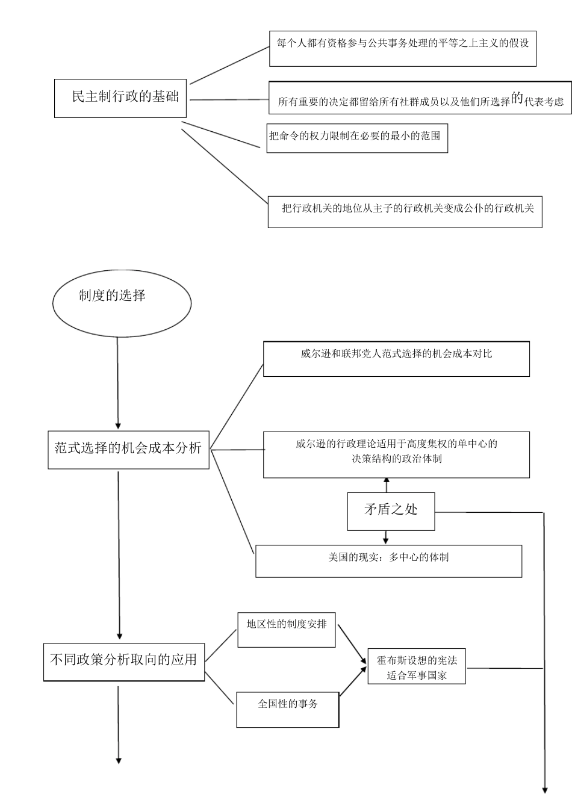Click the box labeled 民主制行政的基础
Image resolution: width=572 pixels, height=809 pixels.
click(x=120, y=98)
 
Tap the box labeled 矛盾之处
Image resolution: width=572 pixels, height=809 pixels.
click(x=391, y=511)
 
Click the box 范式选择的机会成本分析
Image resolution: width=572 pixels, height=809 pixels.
click(x=128, y=449)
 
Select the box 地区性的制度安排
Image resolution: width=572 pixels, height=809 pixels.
click(x=286, y=630)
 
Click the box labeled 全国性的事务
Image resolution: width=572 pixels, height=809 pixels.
click(x=287, y=710)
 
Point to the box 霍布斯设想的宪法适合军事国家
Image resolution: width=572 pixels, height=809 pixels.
click(x=417, y=666)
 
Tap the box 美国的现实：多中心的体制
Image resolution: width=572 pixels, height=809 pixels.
click(x=388, y=560)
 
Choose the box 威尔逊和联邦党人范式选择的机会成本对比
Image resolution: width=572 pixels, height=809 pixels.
click(x=396, y=359)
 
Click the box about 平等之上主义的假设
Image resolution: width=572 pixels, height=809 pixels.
click(x=402, y=49)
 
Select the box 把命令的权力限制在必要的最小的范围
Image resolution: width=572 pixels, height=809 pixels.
click(x=357, y=138)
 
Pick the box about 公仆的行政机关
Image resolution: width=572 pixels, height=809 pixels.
click(x=405, y=212)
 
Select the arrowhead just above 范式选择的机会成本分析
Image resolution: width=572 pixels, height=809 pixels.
click(x=118, y=425)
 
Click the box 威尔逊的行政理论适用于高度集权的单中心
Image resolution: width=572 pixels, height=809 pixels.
click(x=396, y=454)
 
